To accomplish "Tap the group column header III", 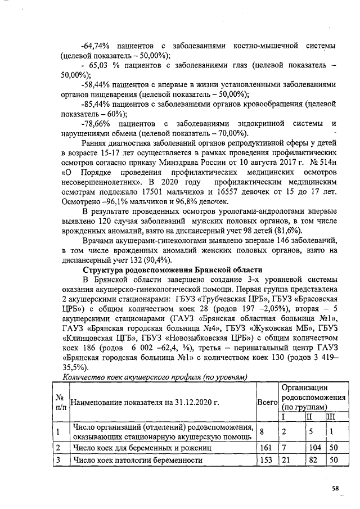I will coord(332,417).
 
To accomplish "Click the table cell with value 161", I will coord(267,448).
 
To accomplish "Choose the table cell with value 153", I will coord(267,460).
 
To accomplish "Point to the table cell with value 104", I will coord(314,448).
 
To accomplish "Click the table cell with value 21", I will coord(286,460).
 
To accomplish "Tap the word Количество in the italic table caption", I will coord(85,377).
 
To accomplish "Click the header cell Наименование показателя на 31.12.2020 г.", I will coord(144,402).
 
